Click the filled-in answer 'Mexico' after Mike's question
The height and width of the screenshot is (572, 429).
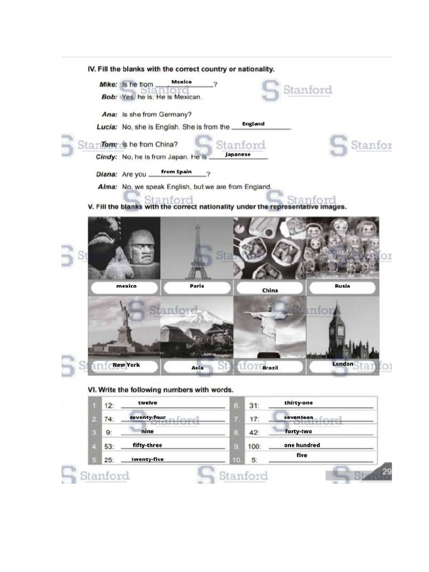(181, 82)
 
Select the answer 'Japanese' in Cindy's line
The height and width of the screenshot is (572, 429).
(238, 155)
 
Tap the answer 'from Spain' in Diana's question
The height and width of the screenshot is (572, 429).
(176, 172)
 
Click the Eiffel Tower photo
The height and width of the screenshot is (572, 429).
(197, 249)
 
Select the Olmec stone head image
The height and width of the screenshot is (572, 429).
(124, 249)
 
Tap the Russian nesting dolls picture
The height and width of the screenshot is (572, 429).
(342, 249)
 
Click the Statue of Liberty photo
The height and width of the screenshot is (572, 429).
(124, 327)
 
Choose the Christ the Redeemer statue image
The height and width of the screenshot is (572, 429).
(270, 327)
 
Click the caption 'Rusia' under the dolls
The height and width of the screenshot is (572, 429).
(342, 286)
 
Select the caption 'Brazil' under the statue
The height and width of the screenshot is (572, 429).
(270, 368)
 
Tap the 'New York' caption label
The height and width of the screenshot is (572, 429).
(126, 365)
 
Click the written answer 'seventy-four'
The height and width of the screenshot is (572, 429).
(147, 417)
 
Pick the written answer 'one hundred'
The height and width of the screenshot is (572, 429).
(302, 445)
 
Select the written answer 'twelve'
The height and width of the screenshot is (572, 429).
(147, 403)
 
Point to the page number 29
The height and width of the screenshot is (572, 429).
(387, 472)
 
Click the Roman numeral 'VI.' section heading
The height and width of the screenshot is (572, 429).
(93, 389)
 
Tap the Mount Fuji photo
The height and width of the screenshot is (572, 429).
(197, 327)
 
